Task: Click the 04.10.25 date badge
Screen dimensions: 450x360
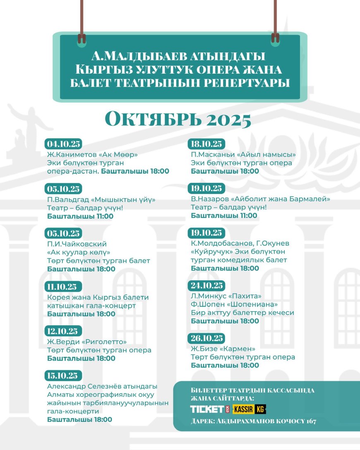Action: click(x=64, y=144)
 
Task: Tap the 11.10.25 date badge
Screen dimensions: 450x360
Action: click(x=64, y=287)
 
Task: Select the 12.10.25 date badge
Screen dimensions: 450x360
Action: click(x=64, y=331)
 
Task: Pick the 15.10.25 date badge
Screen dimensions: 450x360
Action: click(x=64, y=376)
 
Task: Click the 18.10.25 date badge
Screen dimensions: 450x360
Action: click(x=207, y=144)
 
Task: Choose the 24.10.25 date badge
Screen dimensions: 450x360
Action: click(x=207, y=285)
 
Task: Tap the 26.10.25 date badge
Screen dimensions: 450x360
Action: click(x=207, y=338)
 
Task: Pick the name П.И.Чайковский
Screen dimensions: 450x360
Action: click(x=77, y=244)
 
